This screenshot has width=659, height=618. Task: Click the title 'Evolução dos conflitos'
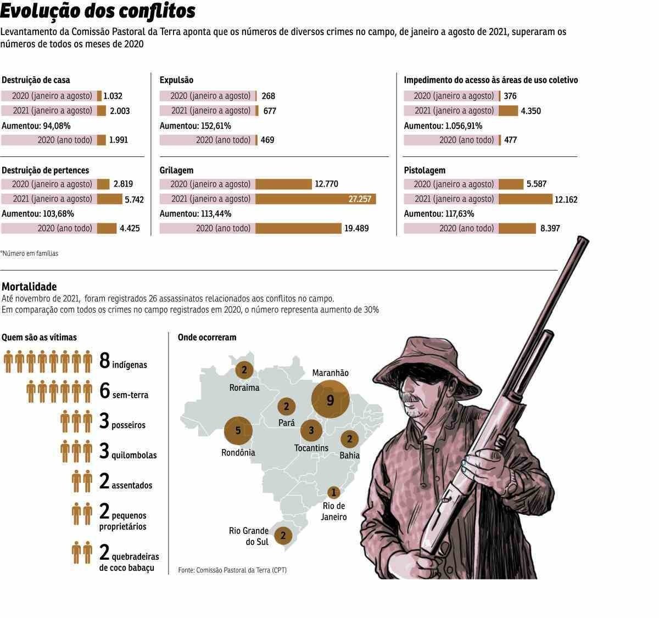coord(98,11)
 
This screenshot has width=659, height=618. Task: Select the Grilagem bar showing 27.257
coord(315,199)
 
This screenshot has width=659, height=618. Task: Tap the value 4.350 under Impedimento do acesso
coord(530,111)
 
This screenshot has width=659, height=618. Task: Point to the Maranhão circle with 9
coord(330,400)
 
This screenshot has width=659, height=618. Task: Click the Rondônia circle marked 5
coord(238,431)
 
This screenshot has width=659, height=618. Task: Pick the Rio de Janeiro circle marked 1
coord(333,492)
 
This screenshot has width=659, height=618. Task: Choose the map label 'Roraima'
coord(244,387)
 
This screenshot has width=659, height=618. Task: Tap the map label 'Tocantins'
coord(311,448)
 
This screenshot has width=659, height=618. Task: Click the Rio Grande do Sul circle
coord(283,535)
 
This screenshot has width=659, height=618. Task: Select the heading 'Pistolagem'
coord(425,170)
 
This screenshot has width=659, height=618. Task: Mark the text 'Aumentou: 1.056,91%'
coord(443,126)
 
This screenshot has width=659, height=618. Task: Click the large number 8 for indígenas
coord(105,361)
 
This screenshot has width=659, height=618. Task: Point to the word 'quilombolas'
coord(134,455)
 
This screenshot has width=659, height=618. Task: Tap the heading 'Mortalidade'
coord(29,286)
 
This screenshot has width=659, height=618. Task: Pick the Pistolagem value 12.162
coord(566,200)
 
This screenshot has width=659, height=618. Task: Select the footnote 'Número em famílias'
coord(30,254)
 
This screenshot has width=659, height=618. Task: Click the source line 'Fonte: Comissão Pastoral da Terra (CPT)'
coord(232,570)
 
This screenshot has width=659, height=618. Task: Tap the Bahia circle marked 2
coord(349,439)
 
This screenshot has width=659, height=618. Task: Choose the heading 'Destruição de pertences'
coord(46,170)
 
